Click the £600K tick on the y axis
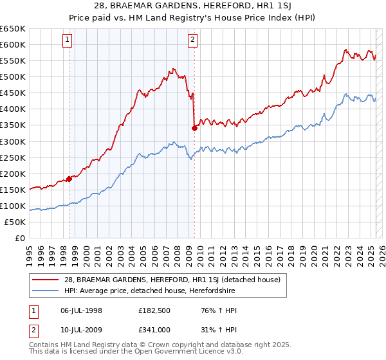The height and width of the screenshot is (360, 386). coord(14,44)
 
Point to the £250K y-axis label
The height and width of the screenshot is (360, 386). coord(14,157)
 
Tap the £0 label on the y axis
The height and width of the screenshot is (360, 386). coord(20,238)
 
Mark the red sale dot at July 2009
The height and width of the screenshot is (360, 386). coord(194,128)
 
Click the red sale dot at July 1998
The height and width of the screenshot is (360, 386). coord(69,179)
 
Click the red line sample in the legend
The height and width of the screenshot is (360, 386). coord(46,280)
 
